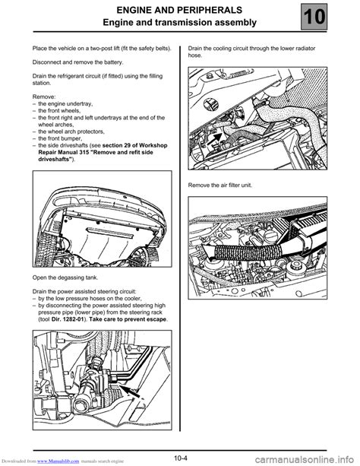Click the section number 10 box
point(314,17)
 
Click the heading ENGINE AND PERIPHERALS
point(179,10)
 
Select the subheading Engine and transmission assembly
point(180,23)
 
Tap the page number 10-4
point(181,458)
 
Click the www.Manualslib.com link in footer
point(58,461)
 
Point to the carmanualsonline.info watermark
point(305,459)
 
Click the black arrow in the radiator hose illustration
point(214,138)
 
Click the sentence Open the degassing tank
point(65,278)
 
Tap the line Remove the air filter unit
point(220,185)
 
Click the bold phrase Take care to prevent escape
point(128,319)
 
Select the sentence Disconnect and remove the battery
point(77,62)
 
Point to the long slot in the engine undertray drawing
point(109,233)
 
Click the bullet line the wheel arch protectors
point(71,132)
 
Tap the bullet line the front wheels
point(59,111)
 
